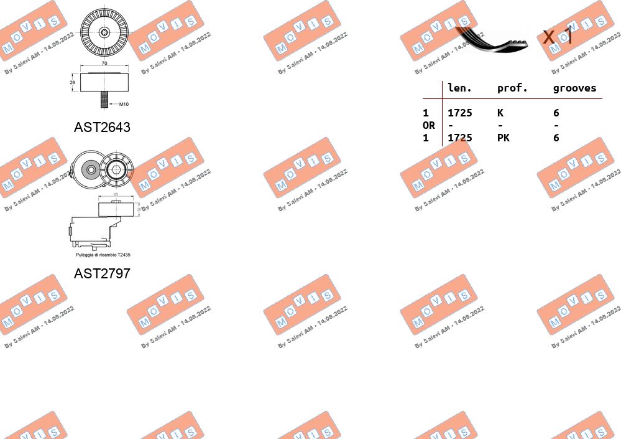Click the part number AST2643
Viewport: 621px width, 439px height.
pyautogui.click(x=102, y=127)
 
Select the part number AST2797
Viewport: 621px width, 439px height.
pyautogui.click(x=102, y=273)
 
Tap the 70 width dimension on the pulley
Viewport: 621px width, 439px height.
pyautogui.click(x=104, y=64)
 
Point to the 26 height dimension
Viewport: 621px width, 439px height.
pyautogui.click(x=72, y=82)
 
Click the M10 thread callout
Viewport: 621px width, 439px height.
pyautogui.click(x=124, y=104)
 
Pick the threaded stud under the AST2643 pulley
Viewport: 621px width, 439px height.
pyautogui.click(x=104, y=100)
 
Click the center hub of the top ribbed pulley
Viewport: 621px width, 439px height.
pyautogui.click(x=104, y=32)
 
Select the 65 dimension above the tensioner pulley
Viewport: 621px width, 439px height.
pyautogui.click(x=116, y=195)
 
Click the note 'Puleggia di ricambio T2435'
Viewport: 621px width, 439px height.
pyautogui.click(x=103, y=255)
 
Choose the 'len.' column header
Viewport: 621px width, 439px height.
pyautogui.click(x=459, y=88)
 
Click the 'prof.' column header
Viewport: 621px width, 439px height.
pyautogui.click(x=512, y=88)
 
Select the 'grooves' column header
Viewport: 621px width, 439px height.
pyautogui.click(x=574, y=88)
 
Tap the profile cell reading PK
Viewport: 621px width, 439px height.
pyautogui.click(x=503, y=138)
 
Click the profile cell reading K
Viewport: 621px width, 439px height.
pyautogui.click(x=500, y=113)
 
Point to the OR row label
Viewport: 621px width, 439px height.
pyautogui.click(x=428, y=125)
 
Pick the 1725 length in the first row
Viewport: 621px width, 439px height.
pyautogui.click(x=459, y=113)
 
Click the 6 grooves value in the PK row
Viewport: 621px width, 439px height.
pyautogui.click(x=556, y=138)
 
